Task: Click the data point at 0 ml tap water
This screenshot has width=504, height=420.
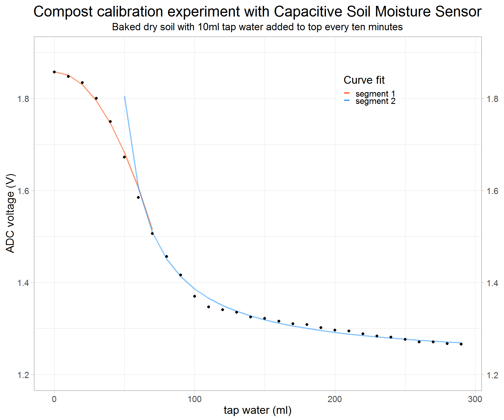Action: pyautogui.click(x=54, y=72)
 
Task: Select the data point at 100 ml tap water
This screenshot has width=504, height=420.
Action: pyautogui.click(x=195, y=296)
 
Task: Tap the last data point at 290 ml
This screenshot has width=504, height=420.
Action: pyautogui.click(x=461, y=344)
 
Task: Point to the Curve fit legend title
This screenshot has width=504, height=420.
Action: pyautogui.click(x=364, y=80)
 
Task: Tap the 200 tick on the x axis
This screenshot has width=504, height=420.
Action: pyautogui.click(x=335, y=399)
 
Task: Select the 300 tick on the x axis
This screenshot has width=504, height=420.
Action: pyautogui.click(x=475, y=399)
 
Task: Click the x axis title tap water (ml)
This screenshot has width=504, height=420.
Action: pyautogui.click(x=258, y=410)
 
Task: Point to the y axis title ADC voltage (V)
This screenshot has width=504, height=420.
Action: pyautogui.click(x=10, y=213)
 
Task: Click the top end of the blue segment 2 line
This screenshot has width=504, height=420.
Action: pyautogui.click(x=125, y=96)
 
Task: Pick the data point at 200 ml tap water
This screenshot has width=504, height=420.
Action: pyautogui.click(x=335, y=330)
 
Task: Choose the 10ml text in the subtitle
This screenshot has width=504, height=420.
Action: pyautogui.click(x=209, y=27)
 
